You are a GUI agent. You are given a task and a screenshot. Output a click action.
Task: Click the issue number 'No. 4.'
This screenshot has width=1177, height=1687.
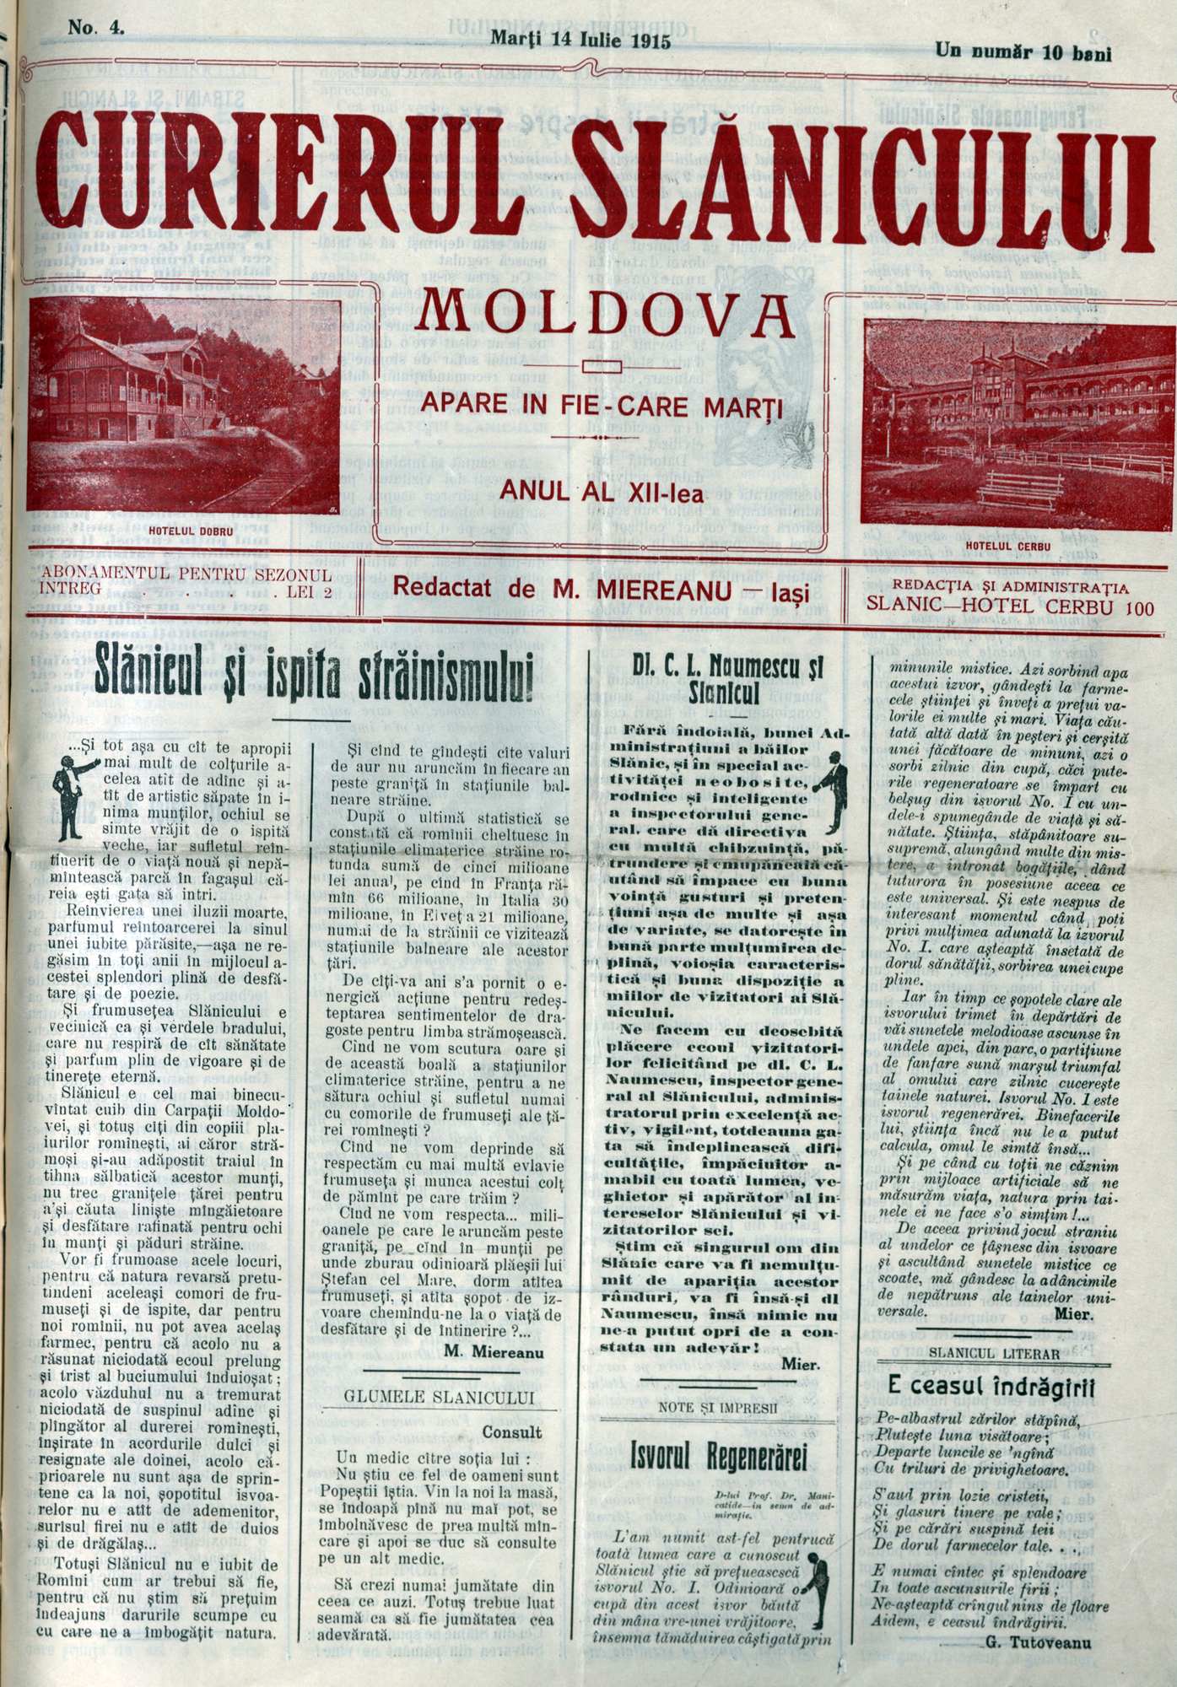[x=95, y=27]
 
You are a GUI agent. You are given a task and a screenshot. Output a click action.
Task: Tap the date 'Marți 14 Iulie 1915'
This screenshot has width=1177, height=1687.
[x=580, y=40]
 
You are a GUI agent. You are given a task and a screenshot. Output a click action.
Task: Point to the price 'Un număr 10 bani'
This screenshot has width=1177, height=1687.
[x=1023, y=52]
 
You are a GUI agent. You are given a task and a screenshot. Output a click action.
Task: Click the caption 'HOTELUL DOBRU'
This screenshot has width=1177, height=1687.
[x=183, y=531]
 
